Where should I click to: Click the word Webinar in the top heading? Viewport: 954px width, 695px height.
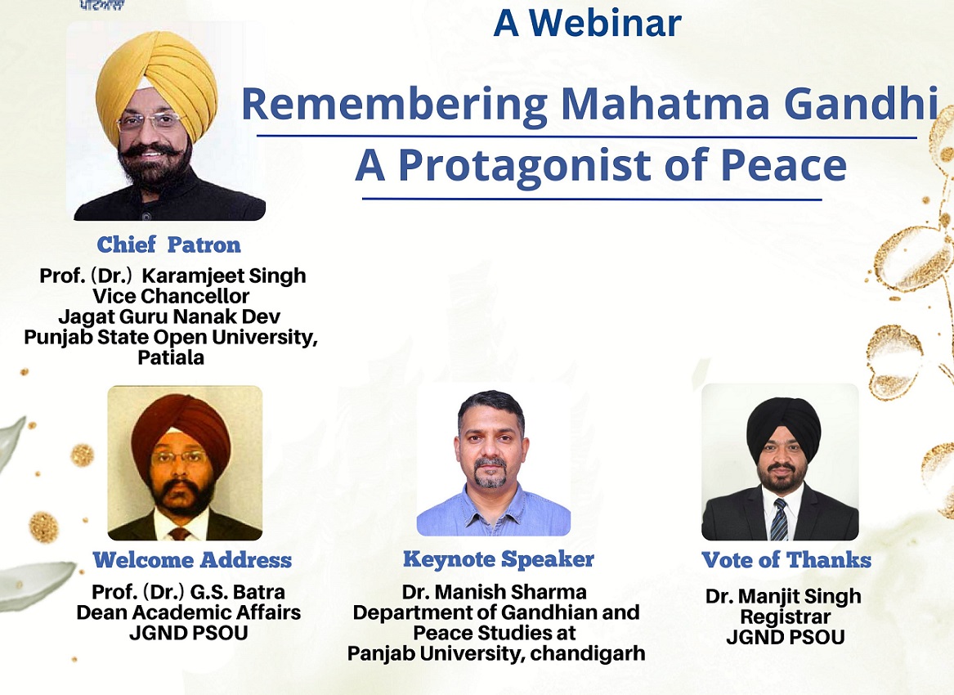(605, 23)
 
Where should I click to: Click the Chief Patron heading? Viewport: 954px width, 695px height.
(168, 244)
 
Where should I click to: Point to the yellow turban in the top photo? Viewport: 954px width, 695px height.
(157, 79)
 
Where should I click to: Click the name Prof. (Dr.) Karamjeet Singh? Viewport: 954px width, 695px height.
(172, 276)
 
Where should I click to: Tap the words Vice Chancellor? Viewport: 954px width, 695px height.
(171, 296)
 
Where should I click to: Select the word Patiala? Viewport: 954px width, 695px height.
(171, 357)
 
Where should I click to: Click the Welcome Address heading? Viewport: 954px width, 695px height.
(192, 560)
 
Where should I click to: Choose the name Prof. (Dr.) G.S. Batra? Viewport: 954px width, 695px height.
(188, 591)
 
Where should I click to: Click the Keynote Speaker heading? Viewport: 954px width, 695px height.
(499, 558)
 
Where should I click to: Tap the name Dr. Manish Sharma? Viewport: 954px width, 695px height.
(494, 591)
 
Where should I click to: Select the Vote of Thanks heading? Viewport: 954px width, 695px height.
(786, 560)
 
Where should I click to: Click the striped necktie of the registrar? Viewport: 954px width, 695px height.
(779, 520)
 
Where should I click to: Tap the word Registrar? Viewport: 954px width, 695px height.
(786, 617)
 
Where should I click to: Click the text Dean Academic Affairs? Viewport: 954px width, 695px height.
(189, 612)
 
